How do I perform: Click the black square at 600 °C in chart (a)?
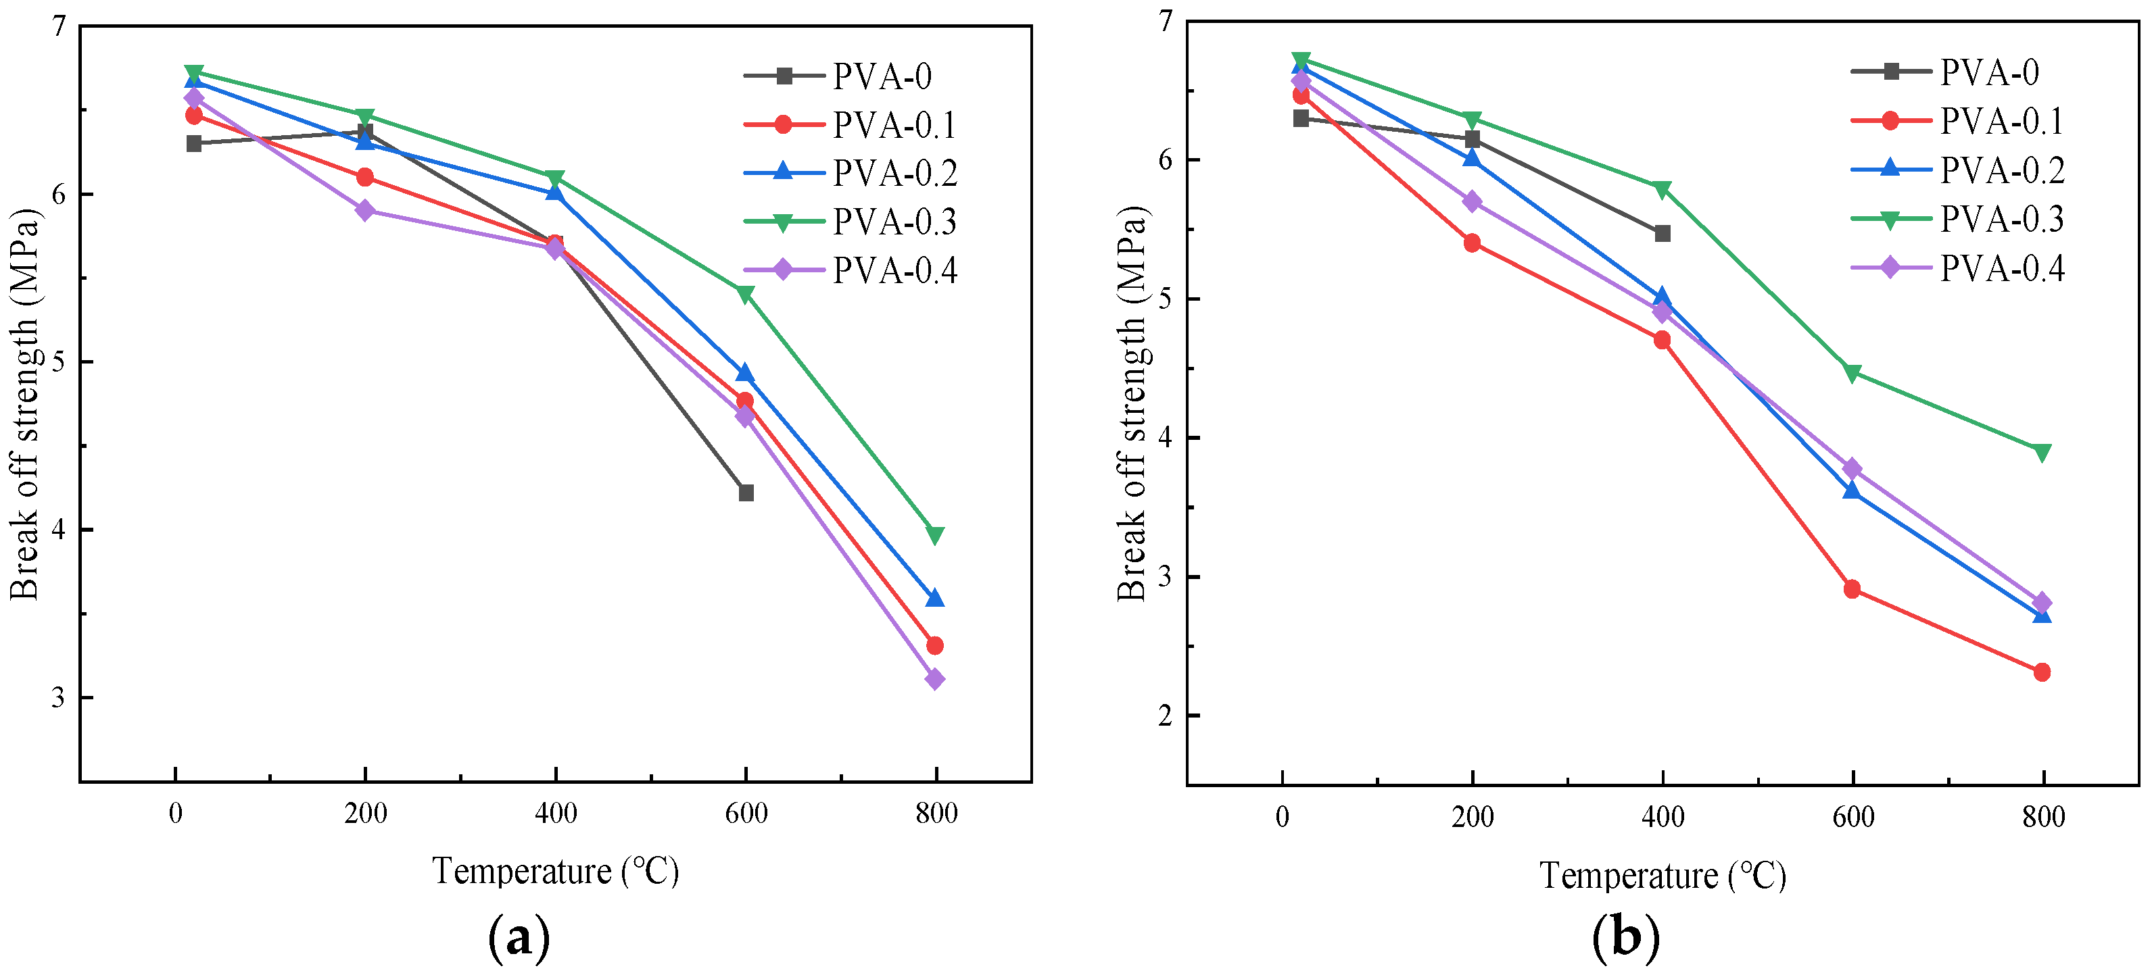coord(746,493)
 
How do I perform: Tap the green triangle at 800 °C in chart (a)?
coord(935,534)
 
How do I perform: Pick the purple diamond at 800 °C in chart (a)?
coord(935,679)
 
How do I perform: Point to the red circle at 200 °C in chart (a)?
coord(365,177)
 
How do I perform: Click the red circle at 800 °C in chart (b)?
coord(2042,672)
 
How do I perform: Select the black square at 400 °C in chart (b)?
coord(1663,233)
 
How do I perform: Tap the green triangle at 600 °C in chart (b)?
coord(1852,373)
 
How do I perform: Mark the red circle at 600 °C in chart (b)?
coord(1852,588)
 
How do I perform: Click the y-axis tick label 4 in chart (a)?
coord(58,530)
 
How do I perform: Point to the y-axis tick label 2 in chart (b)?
coord(1166,716)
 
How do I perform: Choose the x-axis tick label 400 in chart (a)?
coord(556,813)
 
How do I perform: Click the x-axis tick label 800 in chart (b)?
coord(2043,817)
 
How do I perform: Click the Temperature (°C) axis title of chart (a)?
coord(556,871)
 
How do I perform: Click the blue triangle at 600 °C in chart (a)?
coord(745,373)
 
